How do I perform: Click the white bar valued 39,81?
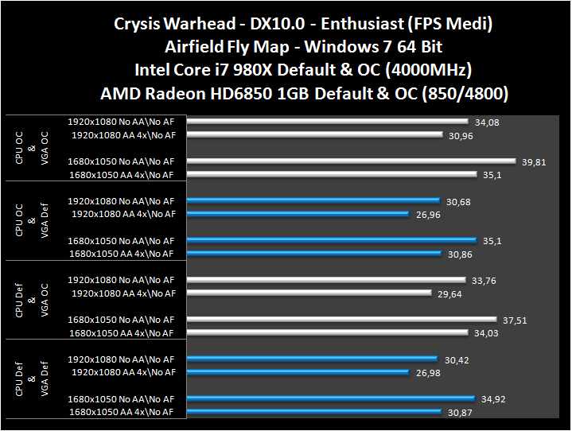352,161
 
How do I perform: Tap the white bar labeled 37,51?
342,320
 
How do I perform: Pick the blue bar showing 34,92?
330,398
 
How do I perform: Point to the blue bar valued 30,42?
312,359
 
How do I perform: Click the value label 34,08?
486,122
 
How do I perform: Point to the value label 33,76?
484,280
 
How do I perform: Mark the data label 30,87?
459,412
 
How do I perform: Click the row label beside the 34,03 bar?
122,332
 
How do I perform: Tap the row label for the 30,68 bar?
121,201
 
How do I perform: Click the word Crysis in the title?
140,24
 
